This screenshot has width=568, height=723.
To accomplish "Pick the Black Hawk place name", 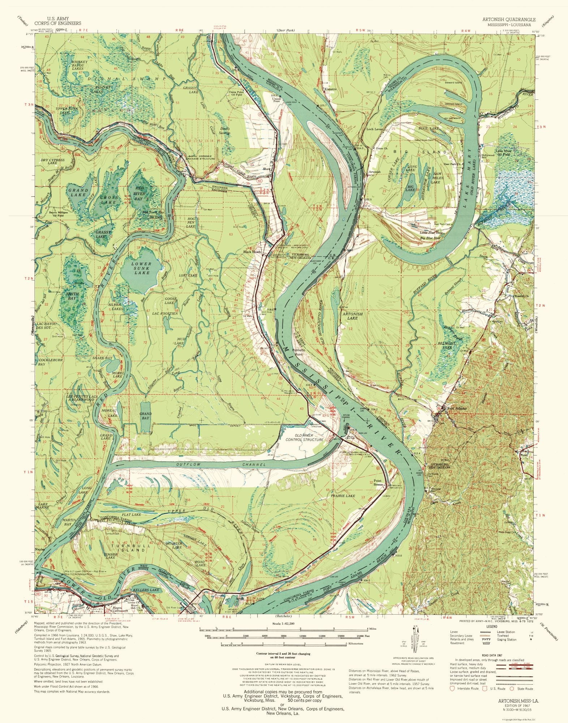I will coord(252,252).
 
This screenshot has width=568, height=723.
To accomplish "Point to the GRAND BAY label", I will coord(146,416).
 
